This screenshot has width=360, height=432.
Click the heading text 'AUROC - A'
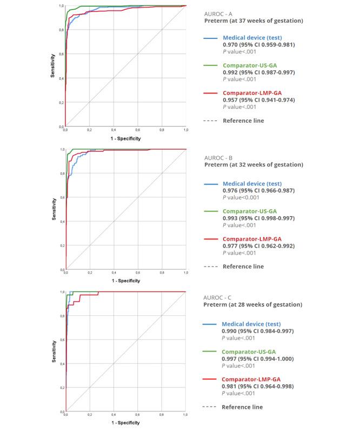coord(218,13)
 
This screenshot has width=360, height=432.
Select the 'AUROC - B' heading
coord(218,157)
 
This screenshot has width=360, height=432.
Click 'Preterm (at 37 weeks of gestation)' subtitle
coord(253,21)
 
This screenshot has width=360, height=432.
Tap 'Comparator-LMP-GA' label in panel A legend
coord(252,93)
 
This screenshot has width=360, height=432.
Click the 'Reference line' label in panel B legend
coord(243,267)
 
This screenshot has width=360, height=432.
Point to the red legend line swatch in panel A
coord(210,94)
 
